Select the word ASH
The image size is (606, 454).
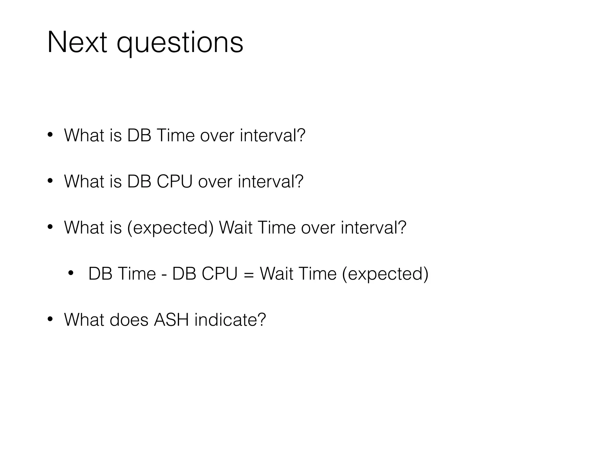pyautogui.click(x=171, y=320)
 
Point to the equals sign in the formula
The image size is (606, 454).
pyautogui.click(x=249, y=274)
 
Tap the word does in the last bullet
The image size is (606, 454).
pyautogui.click(x=129, y=320)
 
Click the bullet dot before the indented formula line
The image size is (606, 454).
pyautogui.click(x=70, y=273)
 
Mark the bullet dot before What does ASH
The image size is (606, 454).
pyautogui.click(x=50, y=319)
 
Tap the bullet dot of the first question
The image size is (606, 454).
pyautogui.click(x=50, y=135)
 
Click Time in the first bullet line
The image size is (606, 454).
pyautogui.click(x=175, y=135)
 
